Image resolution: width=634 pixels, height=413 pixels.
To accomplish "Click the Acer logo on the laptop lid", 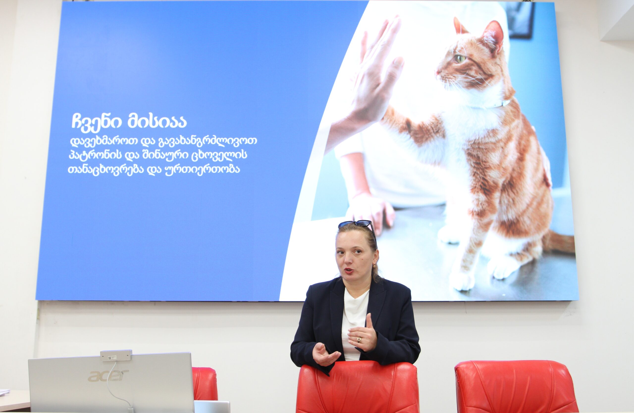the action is [x=108, y=375].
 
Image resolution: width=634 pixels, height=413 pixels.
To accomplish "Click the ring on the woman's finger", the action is [x=359, y=340].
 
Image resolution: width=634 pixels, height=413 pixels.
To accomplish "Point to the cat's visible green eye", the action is [x=460, y=59].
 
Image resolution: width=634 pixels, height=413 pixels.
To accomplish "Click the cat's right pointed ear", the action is [x=494, y=35].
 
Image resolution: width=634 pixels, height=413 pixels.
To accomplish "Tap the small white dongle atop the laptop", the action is [x=116, y=355].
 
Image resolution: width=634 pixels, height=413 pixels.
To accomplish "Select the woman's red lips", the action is [x=349, y=271].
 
